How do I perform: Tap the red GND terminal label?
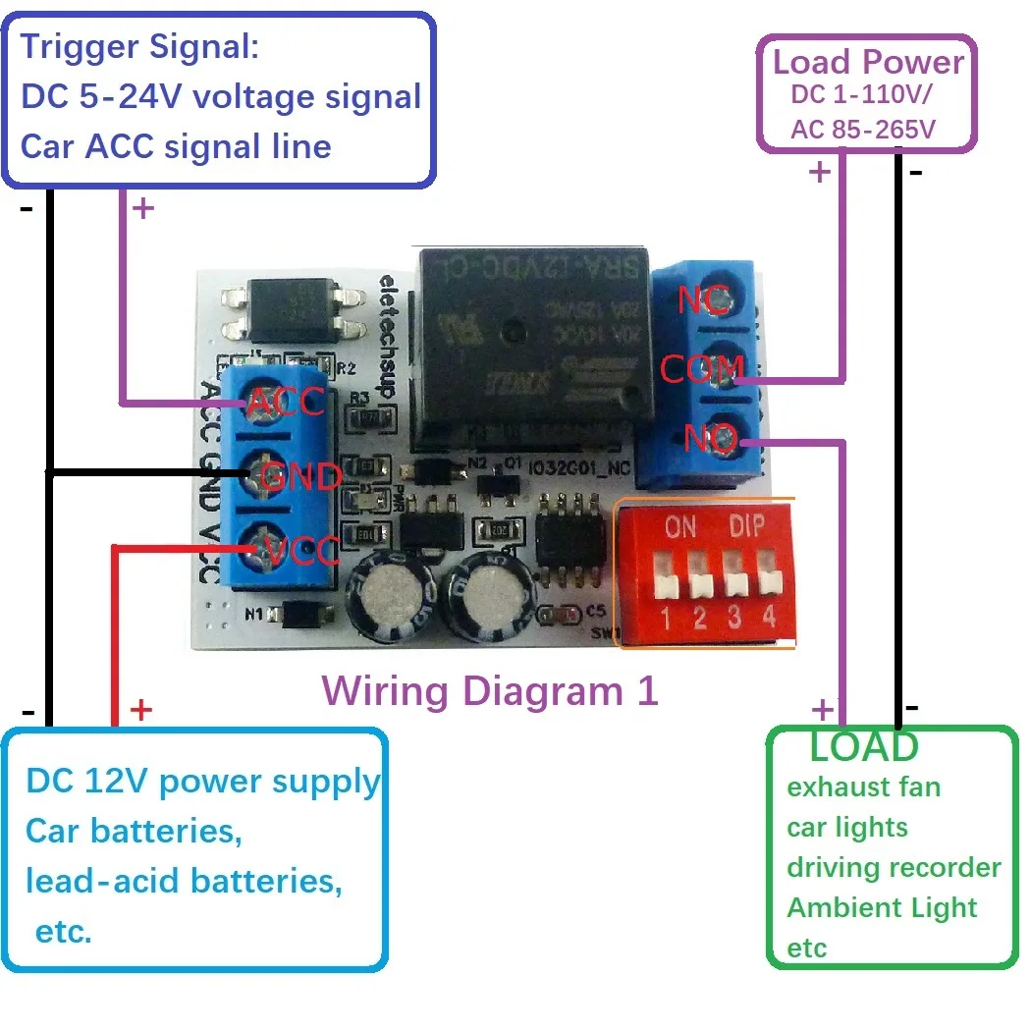point(300,477)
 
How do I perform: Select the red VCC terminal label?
point(303,550)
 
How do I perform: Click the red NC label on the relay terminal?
point(703,300)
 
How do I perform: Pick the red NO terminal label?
point(710,438)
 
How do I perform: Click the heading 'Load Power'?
point(868,62)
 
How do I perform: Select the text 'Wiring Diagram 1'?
point(489,691)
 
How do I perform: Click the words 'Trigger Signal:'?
point(139,46)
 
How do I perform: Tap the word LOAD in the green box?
point(864,747)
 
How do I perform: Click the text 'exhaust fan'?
point(863,787)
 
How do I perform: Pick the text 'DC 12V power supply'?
point(202,782)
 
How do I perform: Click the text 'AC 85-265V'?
point(863,130)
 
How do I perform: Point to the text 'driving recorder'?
point(894,868)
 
